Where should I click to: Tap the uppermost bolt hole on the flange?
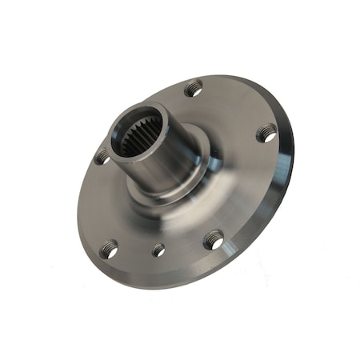[x=193, y=89]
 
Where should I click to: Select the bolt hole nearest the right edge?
[x=266, y=133]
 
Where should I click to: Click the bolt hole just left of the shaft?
[x=102, y=157]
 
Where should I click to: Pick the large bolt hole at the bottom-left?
[x=110, y=250]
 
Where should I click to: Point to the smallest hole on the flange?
[x=158, y=250]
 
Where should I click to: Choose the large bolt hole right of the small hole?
[x=213, y=238]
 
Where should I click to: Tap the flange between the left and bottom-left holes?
[x=96, y=204]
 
